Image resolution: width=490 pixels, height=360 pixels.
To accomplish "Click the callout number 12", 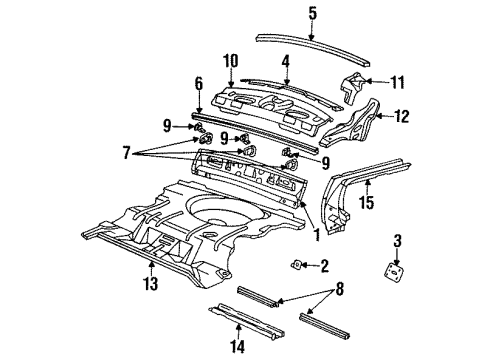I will (402, 117).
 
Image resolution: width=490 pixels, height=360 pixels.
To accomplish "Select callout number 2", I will (323, 265).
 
